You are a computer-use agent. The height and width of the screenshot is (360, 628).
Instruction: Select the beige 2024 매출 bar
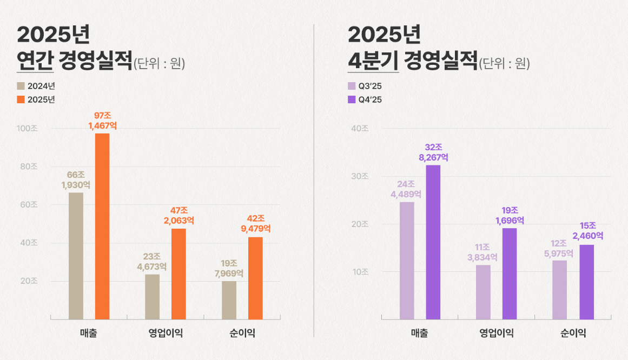76,256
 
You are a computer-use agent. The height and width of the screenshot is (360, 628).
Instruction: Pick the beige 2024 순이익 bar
229,300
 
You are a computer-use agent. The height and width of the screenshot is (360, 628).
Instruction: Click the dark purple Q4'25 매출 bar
433,242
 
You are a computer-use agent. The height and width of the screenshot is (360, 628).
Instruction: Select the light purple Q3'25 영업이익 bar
483,292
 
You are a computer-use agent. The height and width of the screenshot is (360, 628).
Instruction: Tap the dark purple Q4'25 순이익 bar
586,282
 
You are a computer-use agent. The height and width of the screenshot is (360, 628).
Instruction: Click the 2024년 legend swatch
21,86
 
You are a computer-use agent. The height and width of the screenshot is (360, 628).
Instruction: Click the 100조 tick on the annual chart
29,129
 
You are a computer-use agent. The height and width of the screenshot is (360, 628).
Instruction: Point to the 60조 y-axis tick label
29,205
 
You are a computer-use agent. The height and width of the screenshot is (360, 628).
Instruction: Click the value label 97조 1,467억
102,121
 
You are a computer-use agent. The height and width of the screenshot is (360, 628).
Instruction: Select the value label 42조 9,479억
255,223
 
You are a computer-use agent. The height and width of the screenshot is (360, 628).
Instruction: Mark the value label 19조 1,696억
509,215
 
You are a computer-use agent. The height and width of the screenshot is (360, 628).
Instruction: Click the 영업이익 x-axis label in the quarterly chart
496,334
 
